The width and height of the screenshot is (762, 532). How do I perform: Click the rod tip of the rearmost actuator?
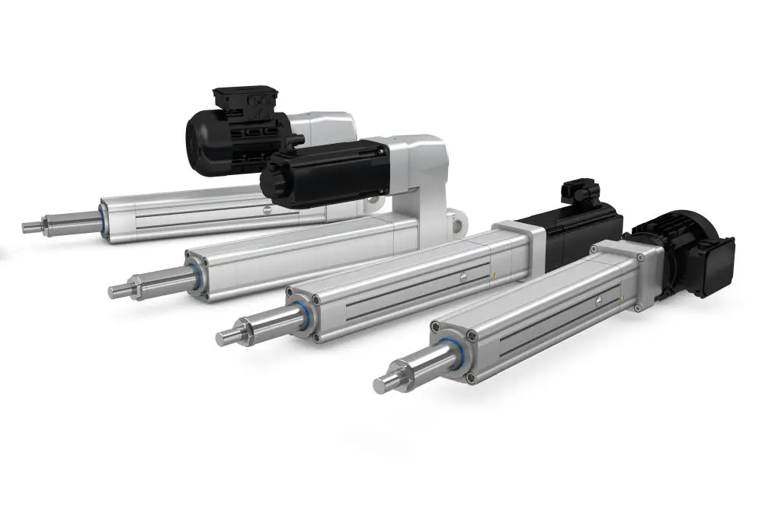coord(30,227)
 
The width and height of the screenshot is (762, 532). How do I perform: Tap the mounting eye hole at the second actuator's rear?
coord(458,224)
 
